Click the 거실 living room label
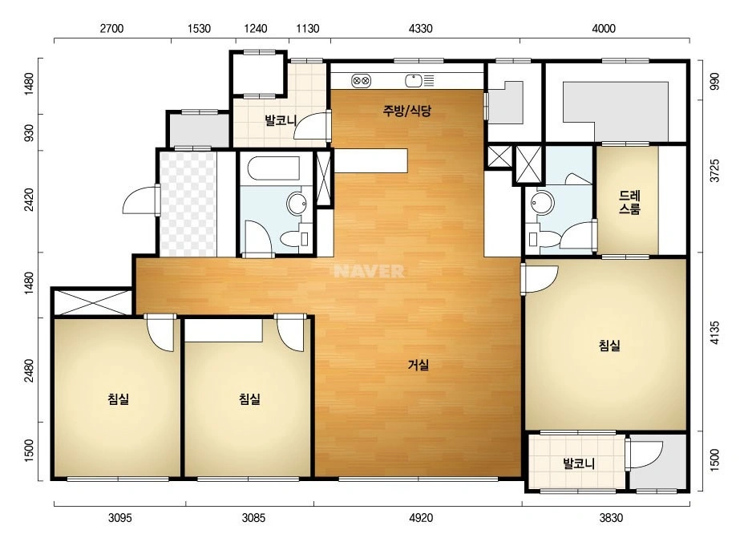[419, 365]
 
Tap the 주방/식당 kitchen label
[406, 111]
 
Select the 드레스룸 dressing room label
[629, 202]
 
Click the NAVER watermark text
[369, 271]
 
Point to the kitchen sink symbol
[414, 81]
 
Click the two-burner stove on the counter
[361, 81]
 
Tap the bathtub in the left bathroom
[273, 168]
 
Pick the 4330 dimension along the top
[420, 29]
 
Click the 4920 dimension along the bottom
[420, 518]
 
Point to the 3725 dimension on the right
[714, 171]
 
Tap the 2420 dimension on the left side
[29, 200]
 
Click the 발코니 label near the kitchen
[281, 120]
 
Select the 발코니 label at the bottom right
[579, 463]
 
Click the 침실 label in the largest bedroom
[609, 346]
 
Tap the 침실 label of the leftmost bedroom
[118, 399]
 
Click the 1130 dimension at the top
[308, 29]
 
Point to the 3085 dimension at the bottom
[253, 518]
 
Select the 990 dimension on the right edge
[714, 81]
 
